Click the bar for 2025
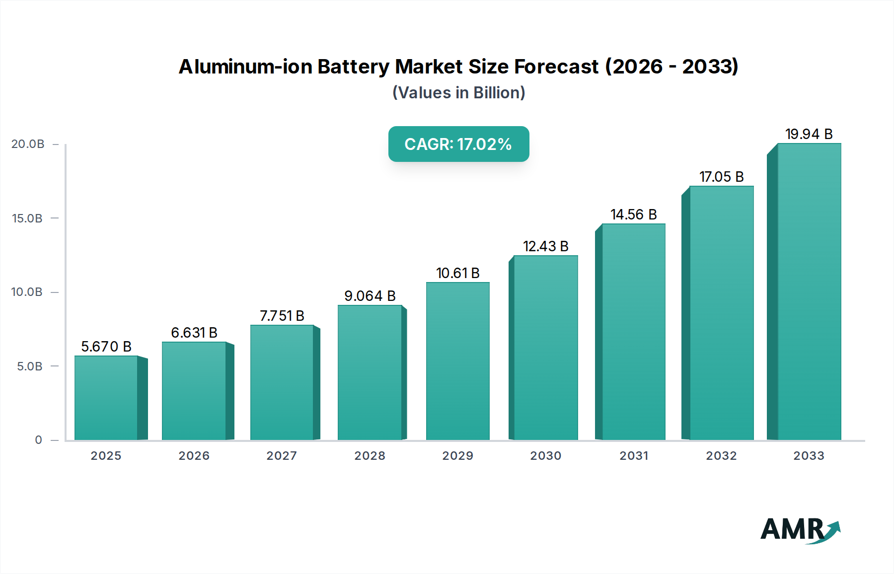pyautogui.click(x=106, y=398)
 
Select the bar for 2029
pyautogui.click(x=457, y=361)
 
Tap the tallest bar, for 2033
pyautogui.click(x=809, y=291)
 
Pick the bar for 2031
pyautogui.click(x=633, y=332)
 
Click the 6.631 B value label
pyautogui.click(x=194, y=333)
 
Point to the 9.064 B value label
pyautogui.click(x=370, y=296)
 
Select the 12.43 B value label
pyautogui.click(x=545, y=246)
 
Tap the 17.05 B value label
pyautogui.click(x=721, y=177)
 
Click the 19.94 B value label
pyautogui.click(x=809, y=134)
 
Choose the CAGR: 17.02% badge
pyautogui.click(x=458, y=144)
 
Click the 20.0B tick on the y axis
pyautogui.click(x=28, y=144)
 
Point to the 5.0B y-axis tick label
pyautogui.click(x=30, y=366)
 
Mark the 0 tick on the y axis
pyautogui.click(x=38, y=440)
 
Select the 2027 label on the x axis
pyautogui.click(x=282, y=456)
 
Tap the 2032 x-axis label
pyautogui.click(x=721, y=456)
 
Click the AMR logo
pyautogui.click(x=800, y=530)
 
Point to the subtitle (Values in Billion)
pyautogui.click(x=458, y=93)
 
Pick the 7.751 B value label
pyautogui.click(x=282, y=316)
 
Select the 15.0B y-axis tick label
pyautogui.click(x=27, y=218)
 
